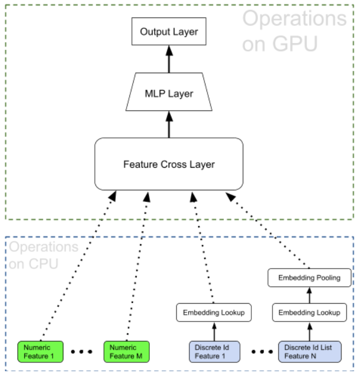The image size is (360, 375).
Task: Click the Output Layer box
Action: [x=169, y=31]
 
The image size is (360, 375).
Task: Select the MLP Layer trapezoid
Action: [x=169, y=92]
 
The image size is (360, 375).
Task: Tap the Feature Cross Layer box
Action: [x=169, y=164]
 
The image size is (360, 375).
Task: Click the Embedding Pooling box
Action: [x=309, y=278]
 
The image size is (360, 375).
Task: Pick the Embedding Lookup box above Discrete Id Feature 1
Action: [x=214, y=312]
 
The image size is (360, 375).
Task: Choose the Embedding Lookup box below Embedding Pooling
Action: [x=309, y=312]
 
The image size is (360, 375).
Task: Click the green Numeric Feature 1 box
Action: [x=41, y=351]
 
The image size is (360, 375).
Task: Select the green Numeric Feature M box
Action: [x=127, y=351]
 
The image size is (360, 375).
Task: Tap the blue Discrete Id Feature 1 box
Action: [x=214, y=351]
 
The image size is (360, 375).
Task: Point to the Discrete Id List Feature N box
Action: [x=310, y=351]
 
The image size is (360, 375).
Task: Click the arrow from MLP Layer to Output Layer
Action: [x=169, y=59]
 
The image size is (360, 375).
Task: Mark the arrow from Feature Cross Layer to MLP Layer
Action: [x=169, y=124]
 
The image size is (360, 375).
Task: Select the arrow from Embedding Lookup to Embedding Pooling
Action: [x=309, y=295]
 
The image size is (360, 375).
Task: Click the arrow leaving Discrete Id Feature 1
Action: [x=214, y=332]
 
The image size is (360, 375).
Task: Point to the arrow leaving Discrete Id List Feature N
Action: [x=310, y=332]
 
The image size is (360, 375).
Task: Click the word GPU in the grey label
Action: [x=295, y=43]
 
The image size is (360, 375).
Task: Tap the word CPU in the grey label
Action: [x=43, y=264]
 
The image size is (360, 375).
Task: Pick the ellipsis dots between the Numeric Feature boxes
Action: [x=82, y=351]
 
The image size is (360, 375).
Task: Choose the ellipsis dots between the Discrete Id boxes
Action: [x=262, y=351]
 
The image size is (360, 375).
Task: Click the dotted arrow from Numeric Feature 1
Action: [x=78, y=265]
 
